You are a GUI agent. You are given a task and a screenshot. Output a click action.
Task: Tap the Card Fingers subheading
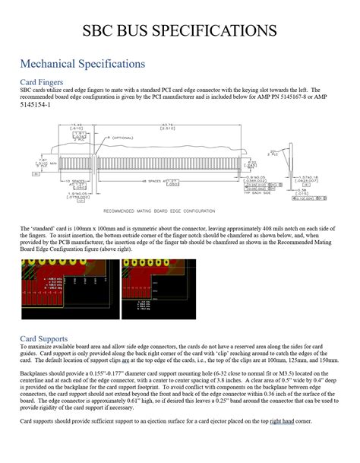[41, 81]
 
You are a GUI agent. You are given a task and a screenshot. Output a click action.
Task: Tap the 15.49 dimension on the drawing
[77, 125]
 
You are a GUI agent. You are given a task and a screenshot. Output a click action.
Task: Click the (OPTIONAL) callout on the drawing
[119, 138]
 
